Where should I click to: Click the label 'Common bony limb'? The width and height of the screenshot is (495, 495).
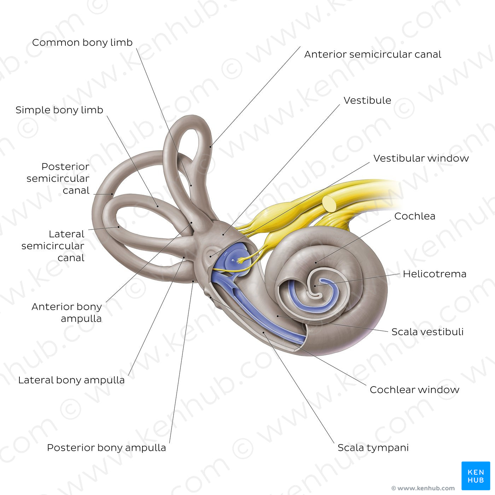82,43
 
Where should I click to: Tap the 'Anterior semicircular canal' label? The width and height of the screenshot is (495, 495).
373,54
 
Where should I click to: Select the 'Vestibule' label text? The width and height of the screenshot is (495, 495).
367,100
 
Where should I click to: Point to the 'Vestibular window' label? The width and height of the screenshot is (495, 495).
421,158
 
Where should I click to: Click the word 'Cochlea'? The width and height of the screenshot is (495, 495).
415,216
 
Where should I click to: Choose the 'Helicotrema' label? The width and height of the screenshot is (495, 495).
435,274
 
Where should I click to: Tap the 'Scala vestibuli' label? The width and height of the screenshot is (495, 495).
427,332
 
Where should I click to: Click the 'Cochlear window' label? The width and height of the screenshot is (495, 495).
414,390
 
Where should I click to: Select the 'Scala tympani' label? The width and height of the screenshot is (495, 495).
373,448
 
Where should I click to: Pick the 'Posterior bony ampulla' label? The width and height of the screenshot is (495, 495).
106,448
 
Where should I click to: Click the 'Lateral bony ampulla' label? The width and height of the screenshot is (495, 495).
71,380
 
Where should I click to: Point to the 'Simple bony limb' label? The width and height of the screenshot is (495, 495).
59,110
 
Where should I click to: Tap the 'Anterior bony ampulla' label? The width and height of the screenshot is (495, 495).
67,313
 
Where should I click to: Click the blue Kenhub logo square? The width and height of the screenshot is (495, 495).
476,476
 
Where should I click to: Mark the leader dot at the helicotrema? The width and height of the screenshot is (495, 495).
315,286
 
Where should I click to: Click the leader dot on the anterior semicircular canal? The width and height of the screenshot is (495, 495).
210,147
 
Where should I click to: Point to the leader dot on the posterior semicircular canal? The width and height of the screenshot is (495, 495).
112,194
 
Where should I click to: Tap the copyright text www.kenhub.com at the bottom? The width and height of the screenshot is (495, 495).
423,488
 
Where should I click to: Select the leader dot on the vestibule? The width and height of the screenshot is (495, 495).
223,234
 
